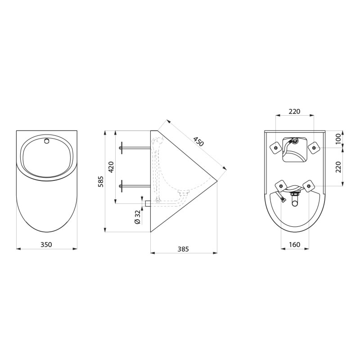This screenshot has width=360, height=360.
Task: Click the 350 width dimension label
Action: [x=46, y=244]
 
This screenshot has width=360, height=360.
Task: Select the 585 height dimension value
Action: [x=101, y=182]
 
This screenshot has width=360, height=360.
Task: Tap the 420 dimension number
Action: [x=111, y=167]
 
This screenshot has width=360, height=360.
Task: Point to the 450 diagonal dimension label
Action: [x=198, y=141]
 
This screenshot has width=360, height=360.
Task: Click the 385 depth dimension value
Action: [x=183, y=249]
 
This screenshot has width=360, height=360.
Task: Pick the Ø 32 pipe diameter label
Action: [x=138, y=217]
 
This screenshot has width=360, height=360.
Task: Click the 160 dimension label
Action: [x=295, y=244]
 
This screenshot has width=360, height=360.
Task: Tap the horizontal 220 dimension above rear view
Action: [x=295, y=111]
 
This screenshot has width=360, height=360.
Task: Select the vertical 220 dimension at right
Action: [x=339, y=167]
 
